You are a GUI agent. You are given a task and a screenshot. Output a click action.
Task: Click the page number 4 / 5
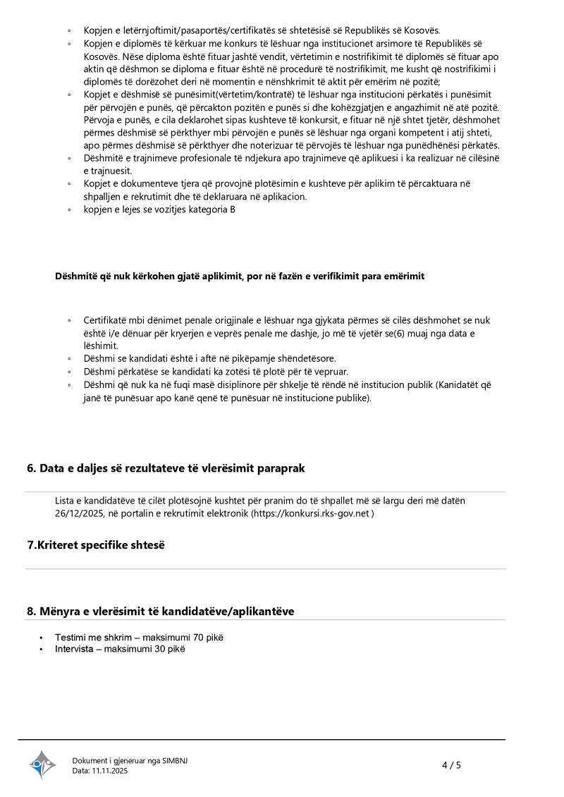click(450, 765)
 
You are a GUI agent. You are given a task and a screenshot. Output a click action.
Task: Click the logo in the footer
click(42, 765)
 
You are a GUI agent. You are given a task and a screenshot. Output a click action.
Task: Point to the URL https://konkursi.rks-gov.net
click(311, 513)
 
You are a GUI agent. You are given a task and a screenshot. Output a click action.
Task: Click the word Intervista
click(74, 649)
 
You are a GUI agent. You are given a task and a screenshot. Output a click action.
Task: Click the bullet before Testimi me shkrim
click(42, 638)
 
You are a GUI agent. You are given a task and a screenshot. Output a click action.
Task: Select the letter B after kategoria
click(233, 209)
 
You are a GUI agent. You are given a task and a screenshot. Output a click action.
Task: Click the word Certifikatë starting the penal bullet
click(106, 320)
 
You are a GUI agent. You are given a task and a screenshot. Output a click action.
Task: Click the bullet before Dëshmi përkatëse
click(69, 372)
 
